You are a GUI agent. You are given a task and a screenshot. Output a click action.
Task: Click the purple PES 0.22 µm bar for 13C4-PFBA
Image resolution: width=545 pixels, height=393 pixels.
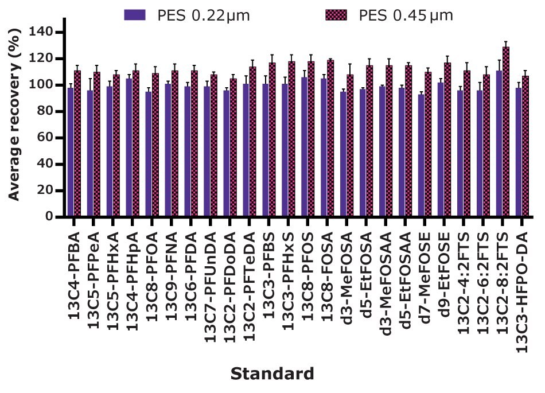[71, 152]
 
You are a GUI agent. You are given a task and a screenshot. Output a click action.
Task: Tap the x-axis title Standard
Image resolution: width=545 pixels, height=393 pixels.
[272, 374]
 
